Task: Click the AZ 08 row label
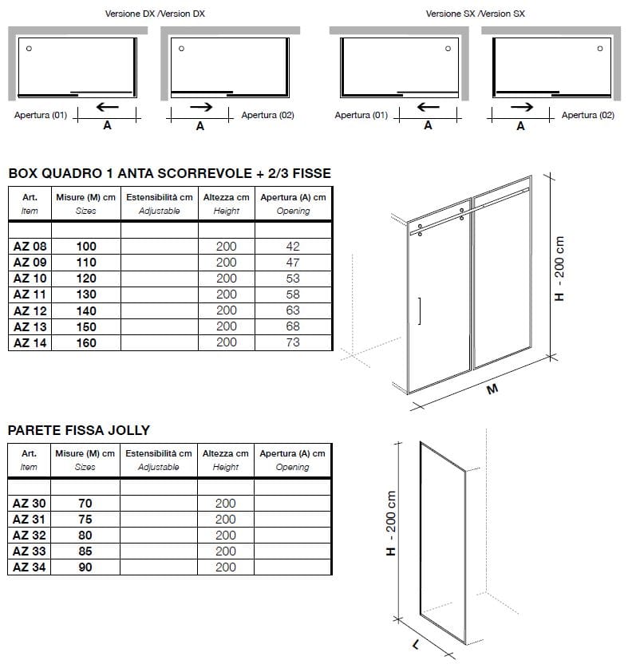[x=30, y=247]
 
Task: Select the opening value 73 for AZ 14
[x=293, y=342]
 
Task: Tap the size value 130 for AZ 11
[x=85, y=294]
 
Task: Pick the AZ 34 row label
[x=30, y=567]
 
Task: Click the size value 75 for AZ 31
[x=85, y=520]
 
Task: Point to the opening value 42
[x=293, y=247]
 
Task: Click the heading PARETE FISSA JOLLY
[x=79, y=430]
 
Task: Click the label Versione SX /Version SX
[x=476, y=14]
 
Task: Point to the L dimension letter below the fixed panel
[x=417, y=644]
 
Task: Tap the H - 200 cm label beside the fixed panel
[x=391, y=524]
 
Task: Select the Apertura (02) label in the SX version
[x=588, y=116]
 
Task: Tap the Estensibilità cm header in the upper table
[x=160, y=197]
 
